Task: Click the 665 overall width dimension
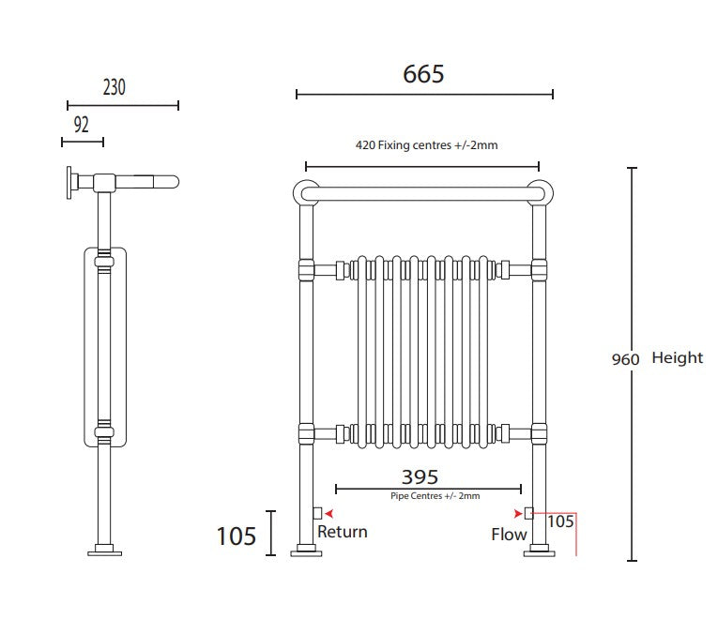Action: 423,74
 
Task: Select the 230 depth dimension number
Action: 114,88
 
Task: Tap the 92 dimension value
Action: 81,125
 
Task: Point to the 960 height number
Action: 625,359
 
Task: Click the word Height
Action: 677,358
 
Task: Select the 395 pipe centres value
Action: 420,477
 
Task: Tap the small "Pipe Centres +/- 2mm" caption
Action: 435,496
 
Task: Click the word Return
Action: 343,532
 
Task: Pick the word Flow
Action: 509,535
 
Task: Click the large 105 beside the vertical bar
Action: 236,536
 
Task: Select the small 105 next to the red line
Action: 560,521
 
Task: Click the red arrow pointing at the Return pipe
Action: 328,514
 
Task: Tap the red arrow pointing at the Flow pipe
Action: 518,513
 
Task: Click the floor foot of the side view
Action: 104,551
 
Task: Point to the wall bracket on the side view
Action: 71,182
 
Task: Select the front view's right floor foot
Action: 539,551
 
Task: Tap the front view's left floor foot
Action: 306,551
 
